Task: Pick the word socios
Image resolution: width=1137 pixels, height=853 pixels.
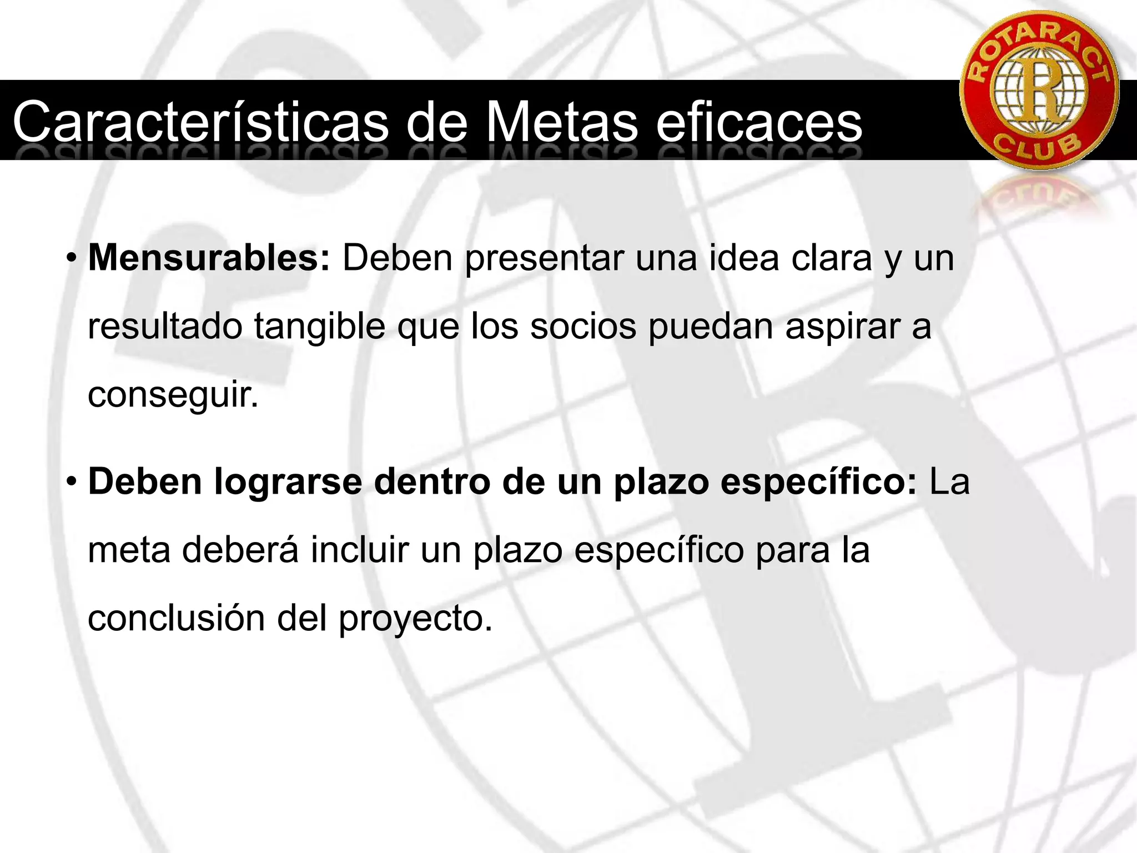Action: click(x=583, y=327)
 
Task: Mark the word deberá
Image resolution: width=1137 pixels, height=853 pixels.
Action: click(x=240, y=550)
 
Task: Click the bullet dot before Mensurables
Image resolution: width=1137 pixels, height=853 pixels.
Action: click(x=71, y=259)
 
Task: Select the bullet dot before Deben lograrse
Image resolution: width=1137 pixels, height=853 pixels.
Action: click(x=71, y=482)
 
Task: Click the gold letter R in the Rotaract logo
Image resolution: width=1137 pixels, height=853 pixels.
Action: click(x=1039, y=92)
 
